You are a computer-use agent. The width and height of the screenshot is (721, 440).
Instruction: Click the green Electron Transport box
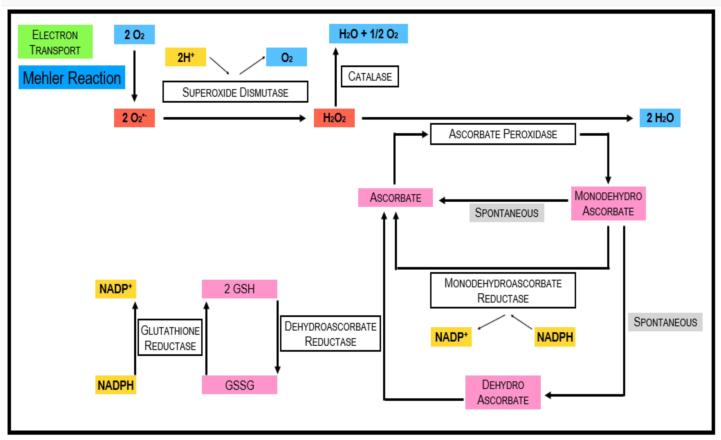click(55, 42)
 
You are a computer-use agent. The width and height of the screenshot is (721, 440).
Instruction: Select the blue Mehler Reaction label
click(72, 77)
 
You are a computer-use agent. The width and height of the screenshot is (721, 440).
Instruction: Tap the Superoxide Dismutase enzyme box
click(235, 92)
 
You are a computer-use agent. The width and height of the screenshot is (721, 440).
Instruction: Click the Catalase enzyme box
click(370, 77)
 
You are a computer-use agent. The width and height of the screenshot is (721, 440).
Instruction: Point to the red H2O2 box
click(334, 118)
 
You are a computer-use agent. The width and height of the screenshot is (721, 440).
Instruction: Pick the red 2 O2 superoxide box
click(134, 118)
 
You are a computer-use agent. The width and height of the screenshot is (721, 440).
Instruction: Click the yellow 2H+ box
click(186, 57)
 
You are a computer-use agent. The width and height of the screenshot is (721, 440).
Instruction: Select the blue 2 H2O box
click(660, 118)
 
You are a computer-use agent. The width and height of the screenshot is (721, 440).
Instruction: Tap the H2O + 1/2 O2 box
click(368, 34)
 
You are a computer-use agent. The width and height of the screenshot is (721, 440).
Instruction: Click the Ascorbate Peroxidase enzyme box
click(503, 134)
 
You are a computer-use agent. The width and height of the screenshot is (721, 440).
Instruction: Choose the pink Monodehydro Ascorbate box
click(608, 203)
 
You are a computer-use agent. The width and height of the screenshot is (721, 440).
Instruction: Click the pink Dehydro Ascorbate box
click(503, 392)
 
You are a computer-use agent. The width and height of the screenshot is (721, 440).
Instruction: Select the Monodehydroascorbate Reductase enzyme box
click(503, 291)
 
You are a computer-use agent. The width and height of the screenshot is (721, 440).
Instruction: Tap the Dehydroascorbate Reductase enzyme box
click(330, 334)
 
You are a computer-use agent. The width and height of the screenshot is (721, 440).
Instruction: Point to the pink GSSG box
click(239, 385)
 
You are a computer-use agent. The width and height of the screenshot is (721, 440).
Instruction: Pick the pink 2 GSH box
click(239, 289)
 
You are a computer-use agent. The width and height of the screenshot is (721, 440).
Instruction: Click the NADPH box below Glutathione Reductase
click(116, 385)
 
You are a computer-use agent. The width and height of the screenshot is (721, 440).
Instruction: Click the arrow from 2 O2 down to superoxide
click(134, 76)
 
